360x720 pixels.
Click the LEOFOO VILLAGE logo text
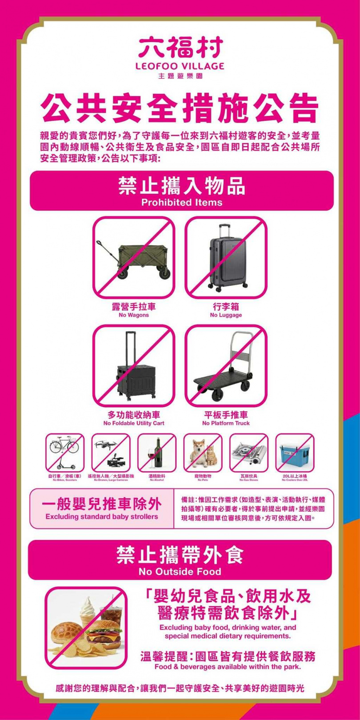coord(180,66)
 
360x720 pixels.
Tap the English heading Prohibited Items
coord(181,203)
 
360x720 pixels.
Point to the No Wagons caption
coord(133,315)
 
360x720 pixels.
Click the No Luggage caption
coord(226,315)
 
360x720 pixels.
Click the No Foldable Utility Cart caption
coord(133,423)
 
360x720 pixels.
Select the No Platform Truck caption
coord(226,423)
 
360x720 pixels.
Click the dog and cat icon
coord(203,452)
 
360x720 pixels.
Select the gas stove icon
coord(248,452)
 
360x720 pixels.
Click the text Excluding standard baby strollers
coord(102,517)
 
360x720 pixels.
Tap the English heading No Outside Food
coord(180,572)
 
